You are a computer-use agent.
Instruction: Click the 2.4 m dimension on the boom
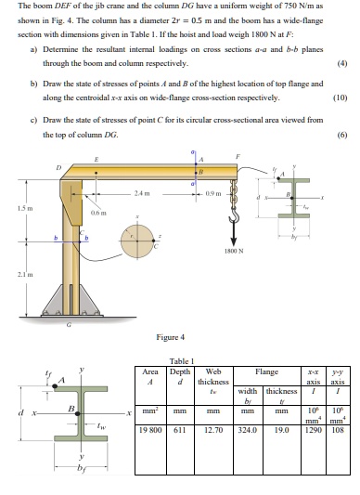pos(143,191)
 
